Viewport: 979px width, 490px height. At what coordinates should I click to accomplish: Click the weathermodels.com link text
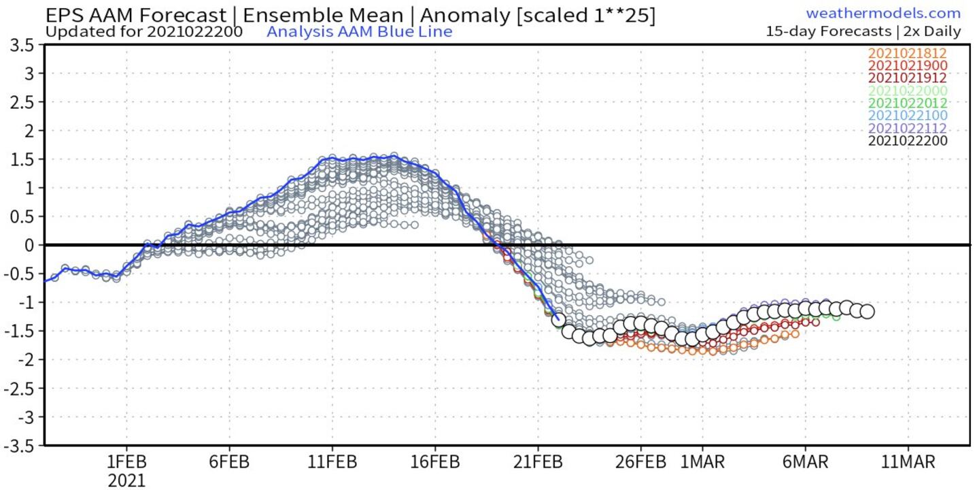pyautogui.click(x=883, y=14)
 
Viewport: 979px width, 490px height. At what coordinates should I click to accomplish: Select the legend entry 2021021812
pyautogui.click(x=907, y=53)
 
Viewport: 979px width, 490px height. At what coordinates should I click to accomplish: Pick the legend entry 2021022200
pyautogui.click(x=907, y=141)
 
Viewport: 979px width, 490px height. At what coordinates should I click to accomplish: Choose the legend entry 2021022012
pyautogui.click(x=907, y=103)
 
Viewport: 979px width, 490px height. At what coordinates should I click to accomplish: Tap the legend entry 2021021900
pyautogui.click(x=907, y=65)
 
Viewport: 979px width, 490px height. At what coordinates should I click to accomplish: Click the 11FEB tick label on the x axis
pyautogui.click(x=332, y=463)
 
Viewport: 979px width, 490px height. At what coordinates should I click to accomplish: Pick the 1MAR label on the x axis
pyautogui.click(x=702, y=463)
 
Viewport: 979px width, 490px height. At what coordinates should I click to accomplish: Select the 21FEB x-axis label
pyautogui.click(x=538, y=463)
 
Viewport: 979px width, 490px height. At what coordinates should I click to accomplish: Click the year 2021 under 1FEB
pyautogui.click(x=126, y=481)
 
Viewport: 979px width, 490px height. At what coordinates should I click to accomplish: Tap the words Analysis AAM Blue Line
pyautogui.click(x=359, y=31)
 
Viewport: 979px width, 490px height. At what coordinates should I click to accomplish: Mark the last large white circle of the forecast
pyautogui.click(x=867, y=312)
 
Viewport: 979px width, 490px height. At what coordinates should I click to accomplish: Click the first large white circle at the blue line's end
pyautogui.click(x=559, y=318)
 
